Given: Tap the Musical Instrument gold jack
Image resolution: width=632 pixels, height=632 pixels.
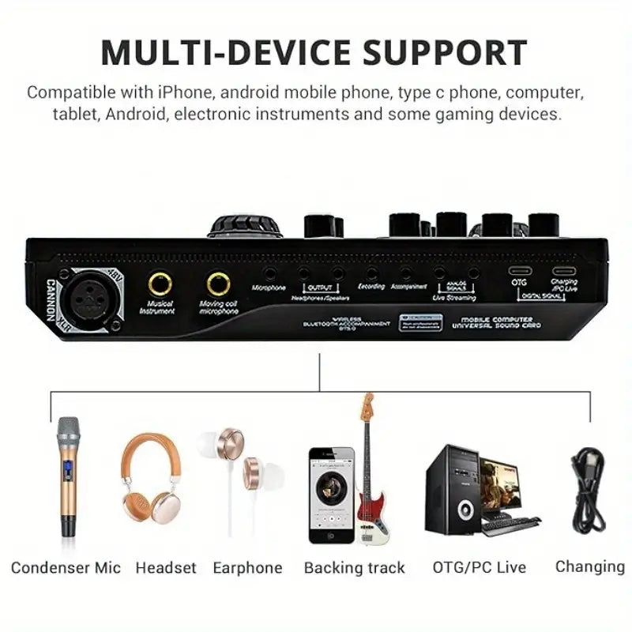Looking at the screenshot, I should coord(160,283).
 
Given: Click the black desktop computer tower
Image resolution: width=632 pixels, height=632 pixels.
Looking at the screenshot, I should coord(453,489).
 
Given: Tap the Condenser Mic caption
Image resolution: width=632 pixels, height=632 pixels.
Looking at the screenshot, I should coord(66,567).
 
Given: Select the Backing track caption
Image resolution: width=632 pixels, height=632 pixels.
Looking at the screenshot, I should coord(354,567).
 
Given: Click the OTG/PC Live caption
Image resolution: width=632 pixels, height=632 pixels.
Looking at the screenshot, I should coord(480,567).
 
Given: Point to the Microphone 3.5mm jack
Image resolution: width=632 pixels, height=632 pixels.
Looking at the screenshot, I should coord(271,273).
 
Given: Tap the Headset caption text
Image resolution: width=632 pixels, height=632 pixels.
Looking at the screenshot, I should coord(166,567).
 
